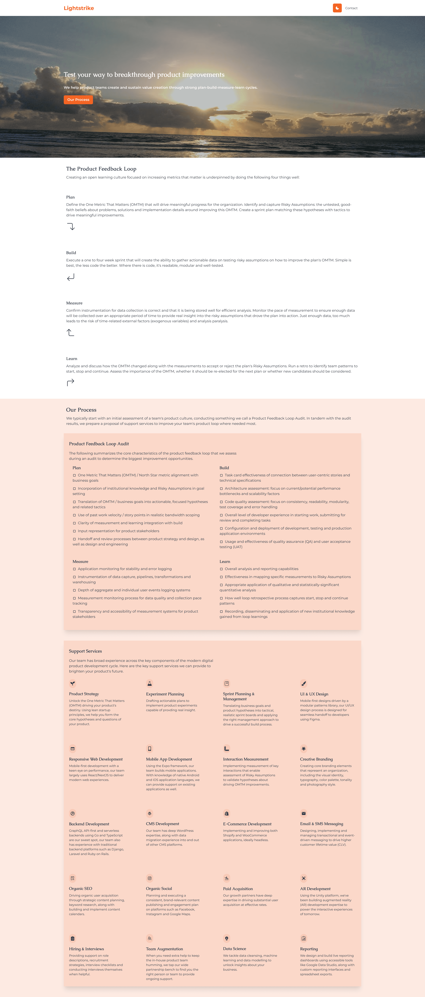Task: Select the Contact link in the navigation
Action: pos(351,8)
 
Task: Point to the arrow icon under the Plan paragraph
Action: pos(71,226)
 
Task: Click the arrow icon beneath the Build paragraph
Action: pos(71,277)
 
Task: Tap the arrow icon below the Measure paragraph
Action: pos(70,332)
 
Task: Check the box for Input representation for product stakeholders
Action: pos(74,531)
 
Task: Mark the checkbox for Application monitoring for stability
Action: pos(74,569)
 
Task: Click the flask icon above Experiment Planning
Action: pos(150,683)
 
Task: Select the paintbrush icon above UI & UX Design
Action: pos(304,683)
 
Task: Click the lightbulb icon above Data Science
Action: pos(227,938)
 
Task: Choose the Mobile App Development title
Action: pos(169,759)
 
